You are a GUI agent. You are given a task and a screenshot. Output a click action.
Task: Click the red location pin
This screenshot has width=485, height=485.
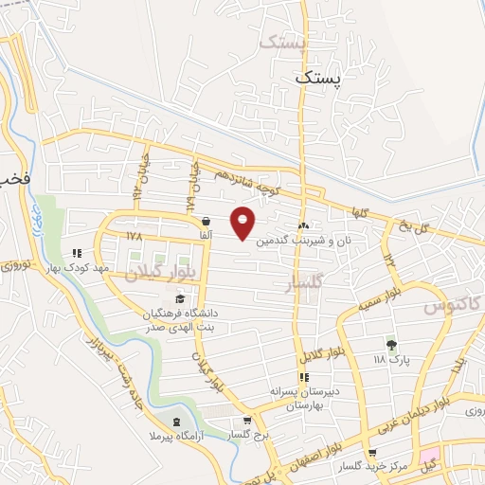pyautogui.click(x=243, y=222)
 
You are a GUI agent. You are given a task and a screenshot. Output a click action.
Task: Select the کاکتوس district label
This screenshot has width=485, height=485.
pyautogui.click(x=449, y=306)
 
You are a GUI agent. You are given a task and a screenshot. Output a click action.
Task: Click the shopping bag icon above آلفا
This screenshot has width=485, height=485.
pyautogui.click(x=206, y=221)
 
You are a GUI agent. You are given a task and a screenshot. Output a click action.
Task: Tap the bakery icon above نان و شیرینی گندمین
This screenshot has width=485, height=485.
pyautogui.click(x=304, y=226)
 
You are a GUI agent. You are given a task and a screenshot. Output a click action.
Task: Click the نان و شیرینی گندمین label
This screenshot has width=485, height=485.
pyautogui.click(x=308, y=241)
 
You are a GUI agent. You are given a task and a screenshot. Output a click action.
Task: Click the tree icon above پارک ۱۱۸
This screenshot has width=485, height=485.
pyautogui.click(x=389, y=344)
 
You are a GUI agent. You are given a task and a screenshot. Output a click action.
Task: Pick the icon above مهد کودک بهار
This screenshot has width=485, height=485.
pyautogui.click(x=77, y=253)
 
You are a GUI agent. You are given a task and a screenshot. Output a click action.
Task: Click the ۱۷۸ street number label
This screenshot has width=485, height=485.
pyautogui.click(x=131, y=232)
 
